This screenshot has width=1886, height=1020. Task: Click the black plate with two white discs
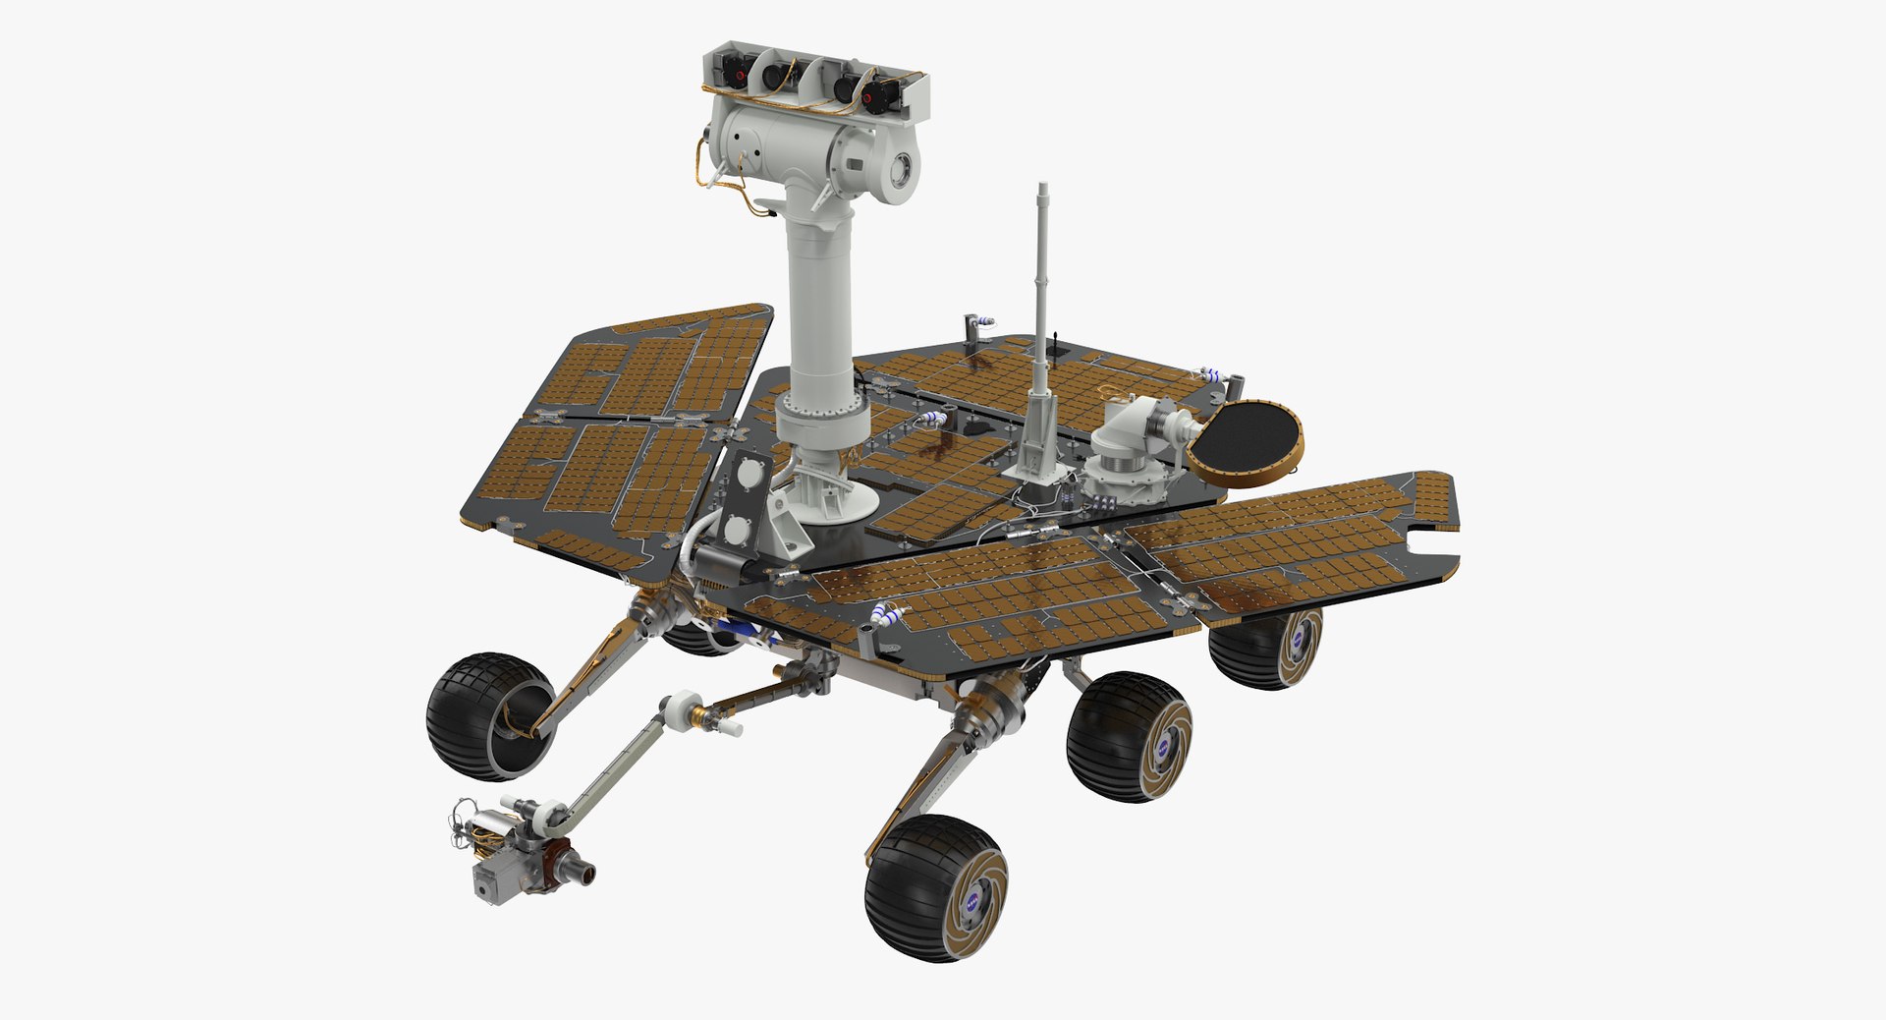(744, 501)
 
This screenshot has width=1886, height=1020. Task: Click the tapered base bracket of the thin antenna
(1037, 442)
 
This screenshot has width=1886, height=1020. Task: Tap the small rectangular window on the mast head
(854, 162)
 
